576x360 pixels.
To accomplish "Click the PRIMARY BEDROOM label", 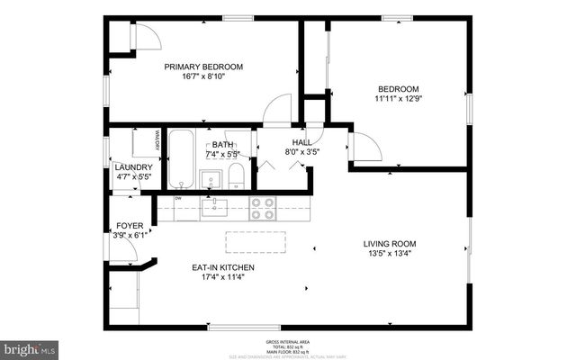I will (203, 67).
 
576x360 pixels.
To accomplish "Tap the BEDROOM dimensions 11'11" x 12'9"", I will (397, 99).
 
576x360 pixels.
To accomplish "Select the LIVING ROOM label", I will (390, 244).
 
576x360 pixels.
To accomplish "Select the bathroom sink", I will (211, 176).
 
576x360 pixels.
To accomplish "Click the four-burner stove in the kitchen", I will (262, 209).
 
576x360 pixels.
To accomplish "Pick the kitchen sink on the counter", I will (214, 209).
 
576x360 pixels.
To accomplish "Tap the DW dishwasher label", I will (178, 199).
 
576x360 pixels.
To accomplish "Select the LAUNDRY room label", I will (133, 167).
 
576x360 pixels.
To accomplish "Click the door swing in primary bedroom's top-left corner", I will (144, 36).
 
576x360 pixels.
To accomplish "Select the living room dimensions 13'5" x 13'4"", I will (390, 254).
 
